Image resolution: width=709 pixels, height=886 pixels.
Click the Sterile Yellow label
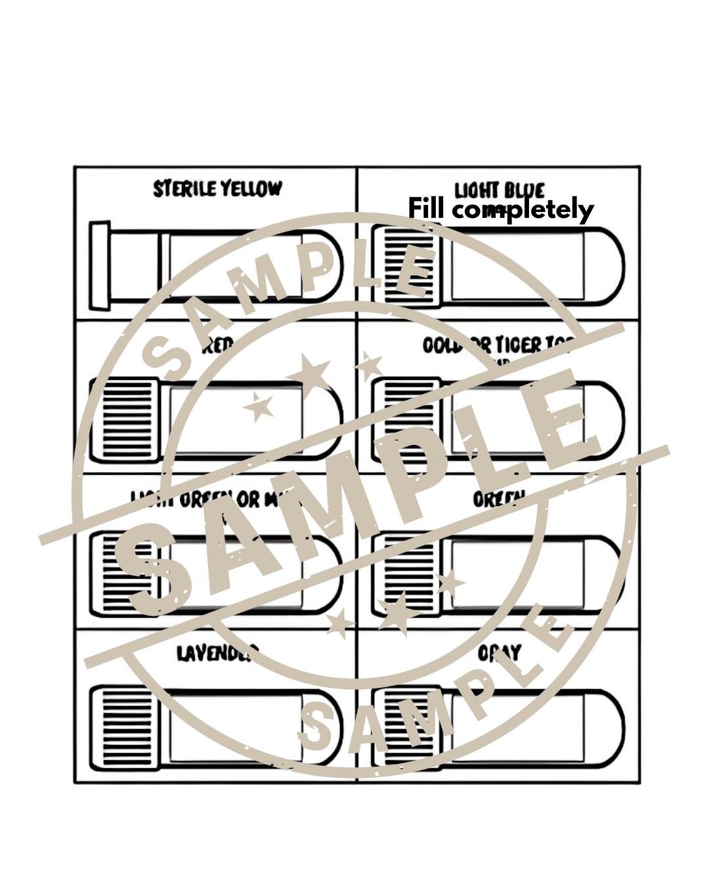[217, 189]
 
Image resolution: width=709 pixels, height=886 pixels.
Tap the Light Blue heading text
[500, 190]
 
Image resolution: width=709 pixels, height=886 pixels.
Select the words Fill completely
[501, 209]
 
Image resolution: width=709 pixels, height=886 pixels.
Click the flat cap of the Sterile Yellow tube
[100, 265]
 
